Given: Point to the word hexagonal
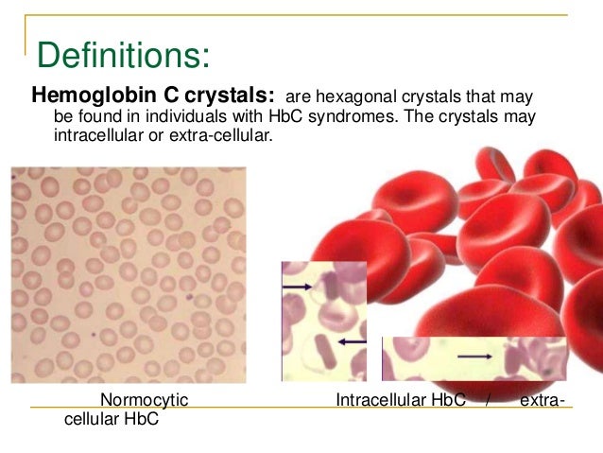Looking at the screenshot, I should click(353, 97).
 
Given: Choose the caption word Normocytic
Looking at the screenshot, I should click(144, 401).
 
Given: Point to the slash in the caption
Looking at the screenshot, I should click(488, 401).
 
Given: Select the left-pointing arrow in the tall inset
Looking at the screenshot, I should click(352, 340).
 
